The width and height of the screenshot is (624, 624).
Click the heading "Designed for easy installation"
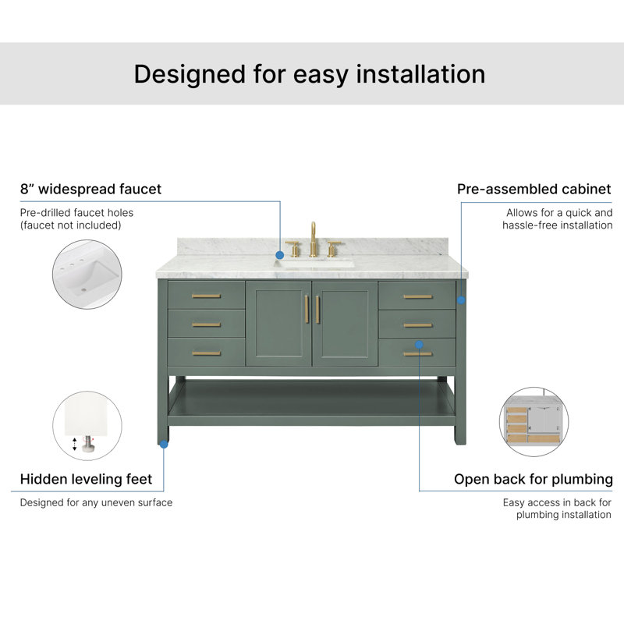tap(310, 74)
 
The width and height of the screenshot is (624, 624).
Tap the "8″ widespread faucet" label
tap(90, 189)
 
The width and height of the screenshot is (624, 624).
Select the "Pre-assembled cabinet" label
tap(534, 189)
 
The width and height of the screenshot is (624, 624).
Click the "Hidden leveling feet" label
tap(86, 479)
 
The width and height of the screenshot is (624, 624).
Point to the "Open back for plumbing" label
tap(534, 480)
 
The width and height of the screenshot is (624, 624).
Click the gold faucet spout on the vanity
tap(314, 239)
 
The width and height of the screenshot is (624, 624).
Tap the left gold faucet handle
tap(293, 249)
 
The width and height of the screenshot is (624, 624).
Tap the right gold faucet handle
tap(334, 249)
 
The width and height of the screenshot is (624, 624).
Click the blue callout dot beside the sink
tap(280, 255)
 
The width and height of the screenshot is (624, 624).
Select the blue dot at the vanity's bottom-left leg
tap(164, 444)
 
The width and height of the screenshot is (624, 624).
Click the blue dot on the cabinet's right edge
tap(461, 300)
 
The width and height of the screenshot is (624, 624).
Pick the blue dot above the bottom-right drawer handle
tap(419, 344)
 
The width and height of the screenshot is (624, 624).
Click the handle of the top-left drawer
tap(206, 296)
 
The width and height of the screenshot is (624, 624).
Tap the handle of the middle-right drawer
tap(417, 325)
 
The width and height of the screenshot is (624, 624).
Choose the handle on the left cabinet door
tap(307, 309)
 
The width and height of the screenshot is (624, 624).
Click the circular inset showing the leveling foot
tap(87, 426)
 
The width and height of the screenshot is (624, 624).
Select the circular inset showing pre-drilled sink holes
tap(87, 275)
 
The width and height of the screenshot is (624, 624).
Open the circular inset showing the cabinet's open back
tap(534, 422)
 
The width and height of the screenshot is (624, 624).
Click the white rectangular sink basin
tap(314, 264)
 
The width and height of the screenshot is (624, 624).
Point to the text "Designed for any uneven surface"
tap(96, 502)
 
